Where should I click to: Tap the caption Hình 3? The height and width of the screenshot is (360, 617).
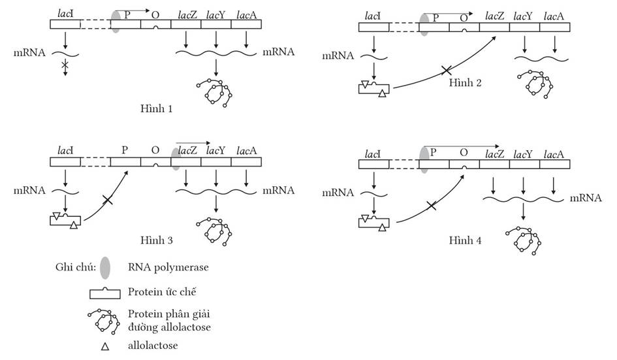[156, 240]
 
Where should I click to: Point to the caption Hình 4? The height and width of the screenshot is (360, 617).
[465, 240]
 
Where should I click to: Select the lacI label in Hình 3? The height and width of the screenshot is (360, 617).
[64, 150]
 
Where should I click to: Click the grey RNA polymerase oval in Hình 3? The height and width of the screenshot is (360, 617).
[176, 159]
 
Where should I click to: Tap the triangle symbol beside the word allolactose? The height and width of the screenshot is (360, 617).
[104, 346]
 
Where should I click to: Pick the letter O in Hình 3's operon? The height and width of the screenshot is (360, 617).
[155, 150]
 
